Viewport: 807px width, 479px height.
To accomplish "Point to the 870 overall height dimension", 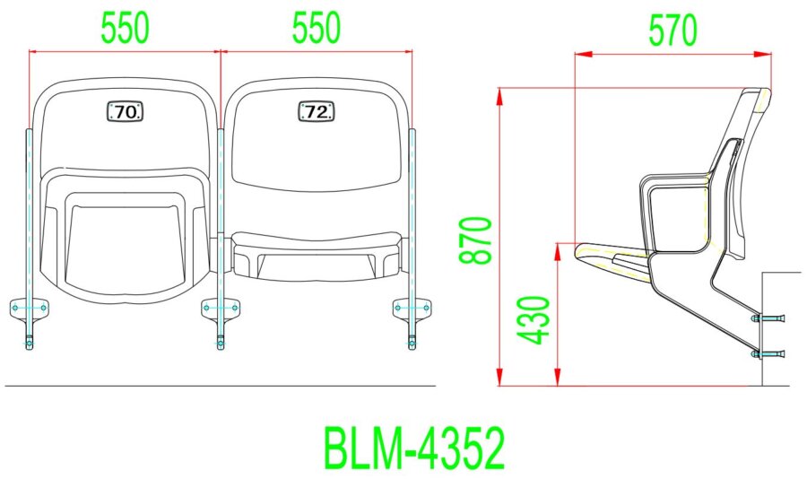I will coord(476,239).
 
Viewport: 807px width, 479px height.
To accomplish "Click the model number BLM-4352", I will coord(413,448).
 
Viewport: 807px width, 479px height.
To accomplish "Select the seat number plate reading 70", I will coord(126,111).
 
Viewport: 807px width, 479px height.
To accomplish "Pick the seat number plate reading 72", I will coord(316,111).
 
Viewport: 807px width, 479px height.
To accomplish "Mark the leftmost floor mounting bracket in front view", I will coord(30,309).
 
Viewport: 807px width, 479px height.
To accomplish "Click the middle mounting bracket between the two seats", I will coord(221,309).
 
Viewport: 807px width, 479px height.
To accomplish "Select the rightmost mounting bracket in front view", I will coord(412,309).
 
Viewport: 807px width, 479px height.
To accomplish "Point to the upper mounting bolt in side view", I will coord(768,318).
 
